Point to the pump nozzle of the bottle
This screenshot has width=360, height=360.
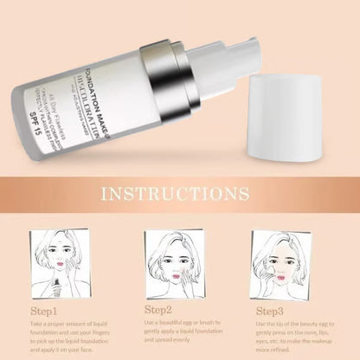point(229,56)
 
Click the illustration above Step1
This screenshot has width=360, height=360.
point(60,259)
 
